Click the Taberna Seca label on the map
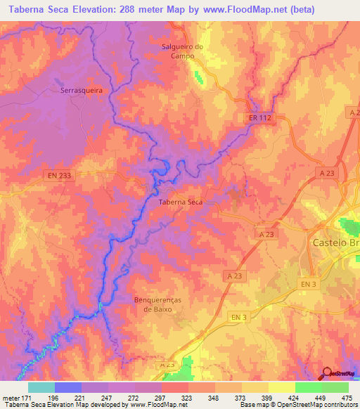[181, 202]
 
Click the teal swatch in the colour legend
[41, 387]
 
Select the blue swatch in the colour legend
[68, 387]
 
